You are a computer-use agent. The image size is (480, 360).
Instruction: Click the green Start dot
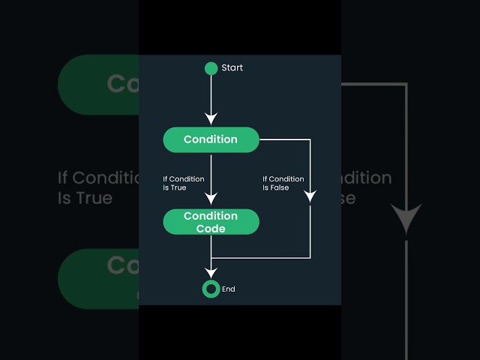coord(211,68)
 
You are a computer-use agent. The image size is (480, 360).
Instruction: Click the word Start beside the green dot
coord(232,68)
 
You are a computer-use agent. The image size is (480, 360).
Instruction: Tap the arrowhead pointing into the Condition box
coord(211,118)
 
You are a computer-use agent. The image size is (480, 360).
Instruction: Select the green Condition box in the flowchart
coord(211,139)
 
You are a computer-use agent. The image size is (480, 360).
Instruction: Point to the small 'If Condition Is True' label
coord(184,183)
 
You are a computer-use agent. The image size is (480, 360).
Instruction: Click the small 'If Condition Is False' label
coord(283,183)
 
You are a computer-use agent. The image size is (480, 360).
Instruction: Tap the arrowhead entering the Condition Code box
coord(211,199)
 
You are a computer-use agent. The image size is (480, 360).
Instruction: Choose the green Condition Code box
coord(211,222)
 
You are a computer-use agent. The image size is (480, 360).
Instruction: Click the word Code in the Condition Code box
coord(211,229)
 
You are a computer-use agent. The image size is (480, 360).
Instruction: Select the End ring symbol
coord(211,289)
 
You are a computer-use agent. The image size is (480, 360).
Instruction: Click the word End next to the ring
coord(229,289)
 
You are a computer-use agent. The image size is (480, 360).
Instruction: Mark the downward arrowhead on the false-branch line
coord(310,197)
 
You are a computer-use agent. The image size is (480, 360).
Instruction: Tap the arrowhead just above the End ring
coord(211,272)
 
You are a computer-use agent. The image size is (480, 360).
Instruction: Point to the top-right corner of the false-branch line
coord(310,139)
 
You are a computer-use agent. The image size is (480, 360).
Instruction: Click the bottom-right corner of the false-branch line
coord(310,257)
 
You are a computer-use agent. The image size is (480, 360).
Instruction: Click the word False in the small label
coord(280,187)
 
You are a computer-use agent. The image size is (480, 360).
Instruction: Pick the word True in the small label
coord(178,187)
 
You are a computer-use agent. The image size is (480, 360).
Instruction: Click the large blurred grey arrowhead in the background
coord(406,218)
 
